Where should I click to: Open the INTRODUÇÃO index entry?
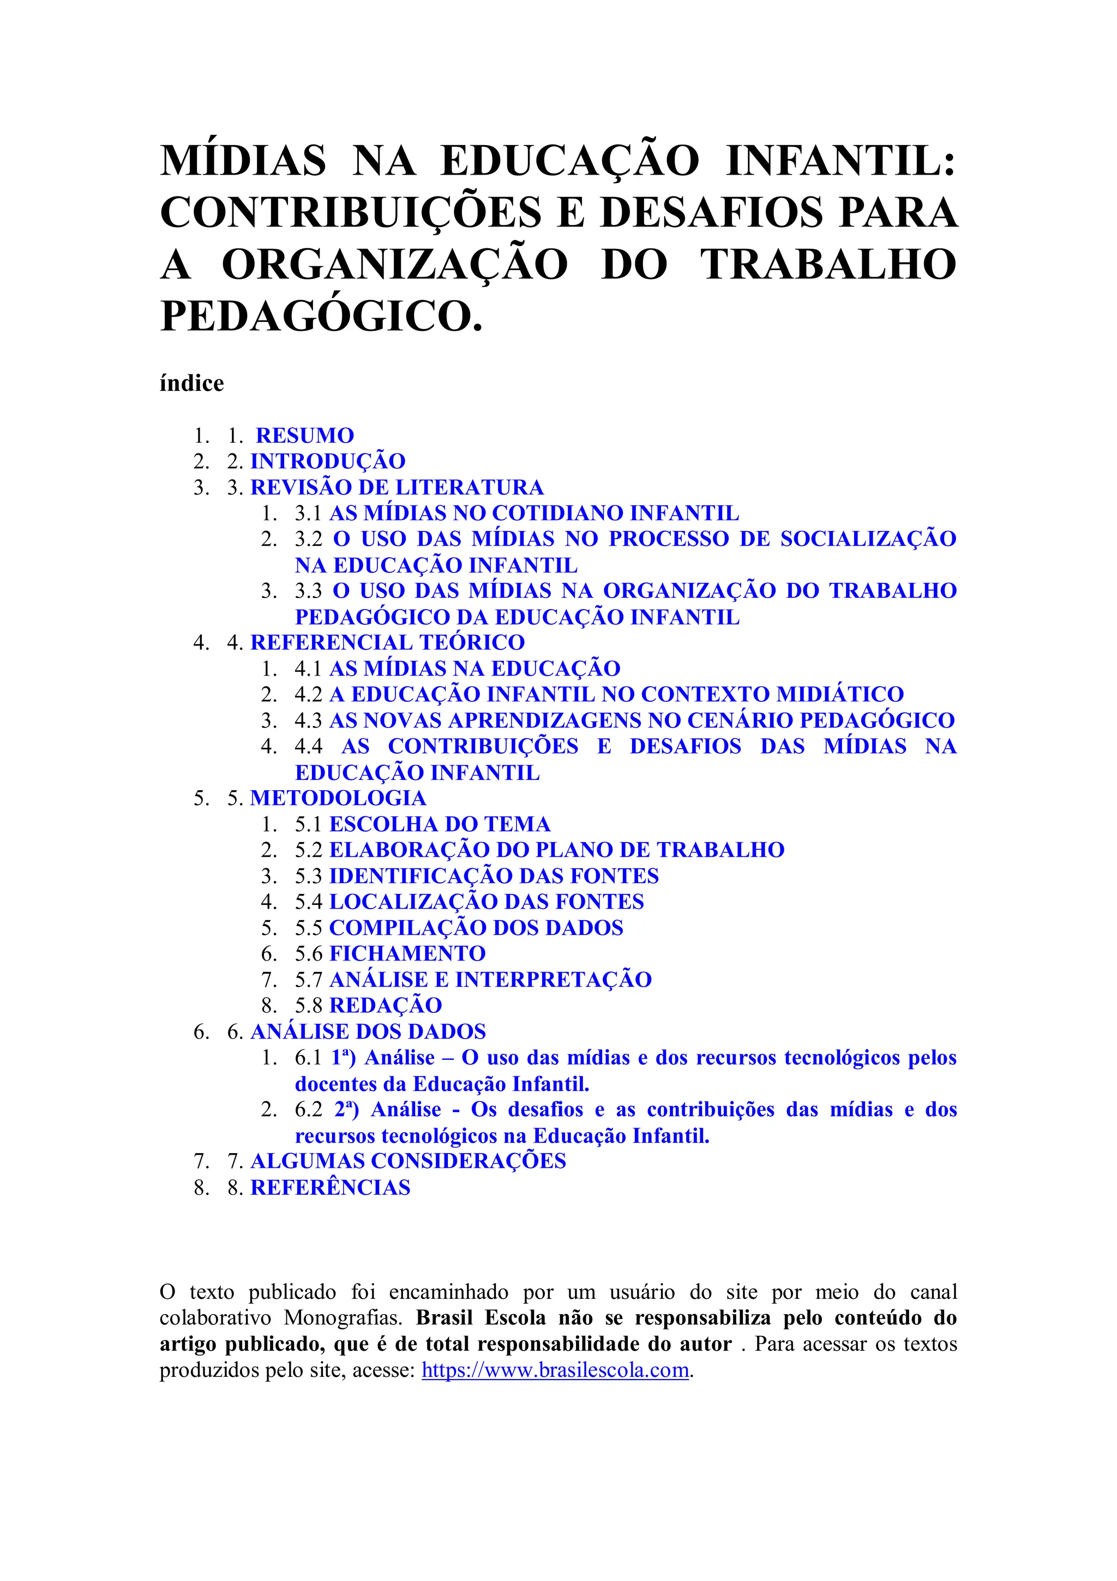328,461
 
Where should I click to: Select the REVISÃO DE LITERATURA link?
397,487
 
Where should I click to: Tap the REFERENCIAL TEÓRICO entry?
387,642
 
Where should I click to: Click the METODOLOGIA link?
338,797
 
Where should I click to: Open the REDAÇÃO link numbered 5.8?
386,1005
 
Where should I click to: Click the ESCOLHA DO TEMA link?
440,824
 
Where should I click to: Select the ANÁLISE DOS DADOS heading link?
368,1031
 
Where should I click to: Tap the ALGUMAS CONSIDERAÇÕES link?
407,1160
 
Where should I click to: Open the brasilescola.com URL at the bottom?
555,1370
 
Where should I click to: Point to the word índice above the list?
191,383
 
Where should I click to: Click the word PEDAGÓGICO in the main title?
321,316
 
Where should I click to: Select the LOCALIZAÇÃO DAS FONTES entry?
487,902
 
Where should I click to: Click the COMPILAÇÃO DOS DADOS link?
476,928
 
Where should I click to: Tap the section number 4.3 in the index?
308,720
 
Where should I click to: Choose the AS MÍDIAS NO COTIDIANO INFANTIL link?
534,513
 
